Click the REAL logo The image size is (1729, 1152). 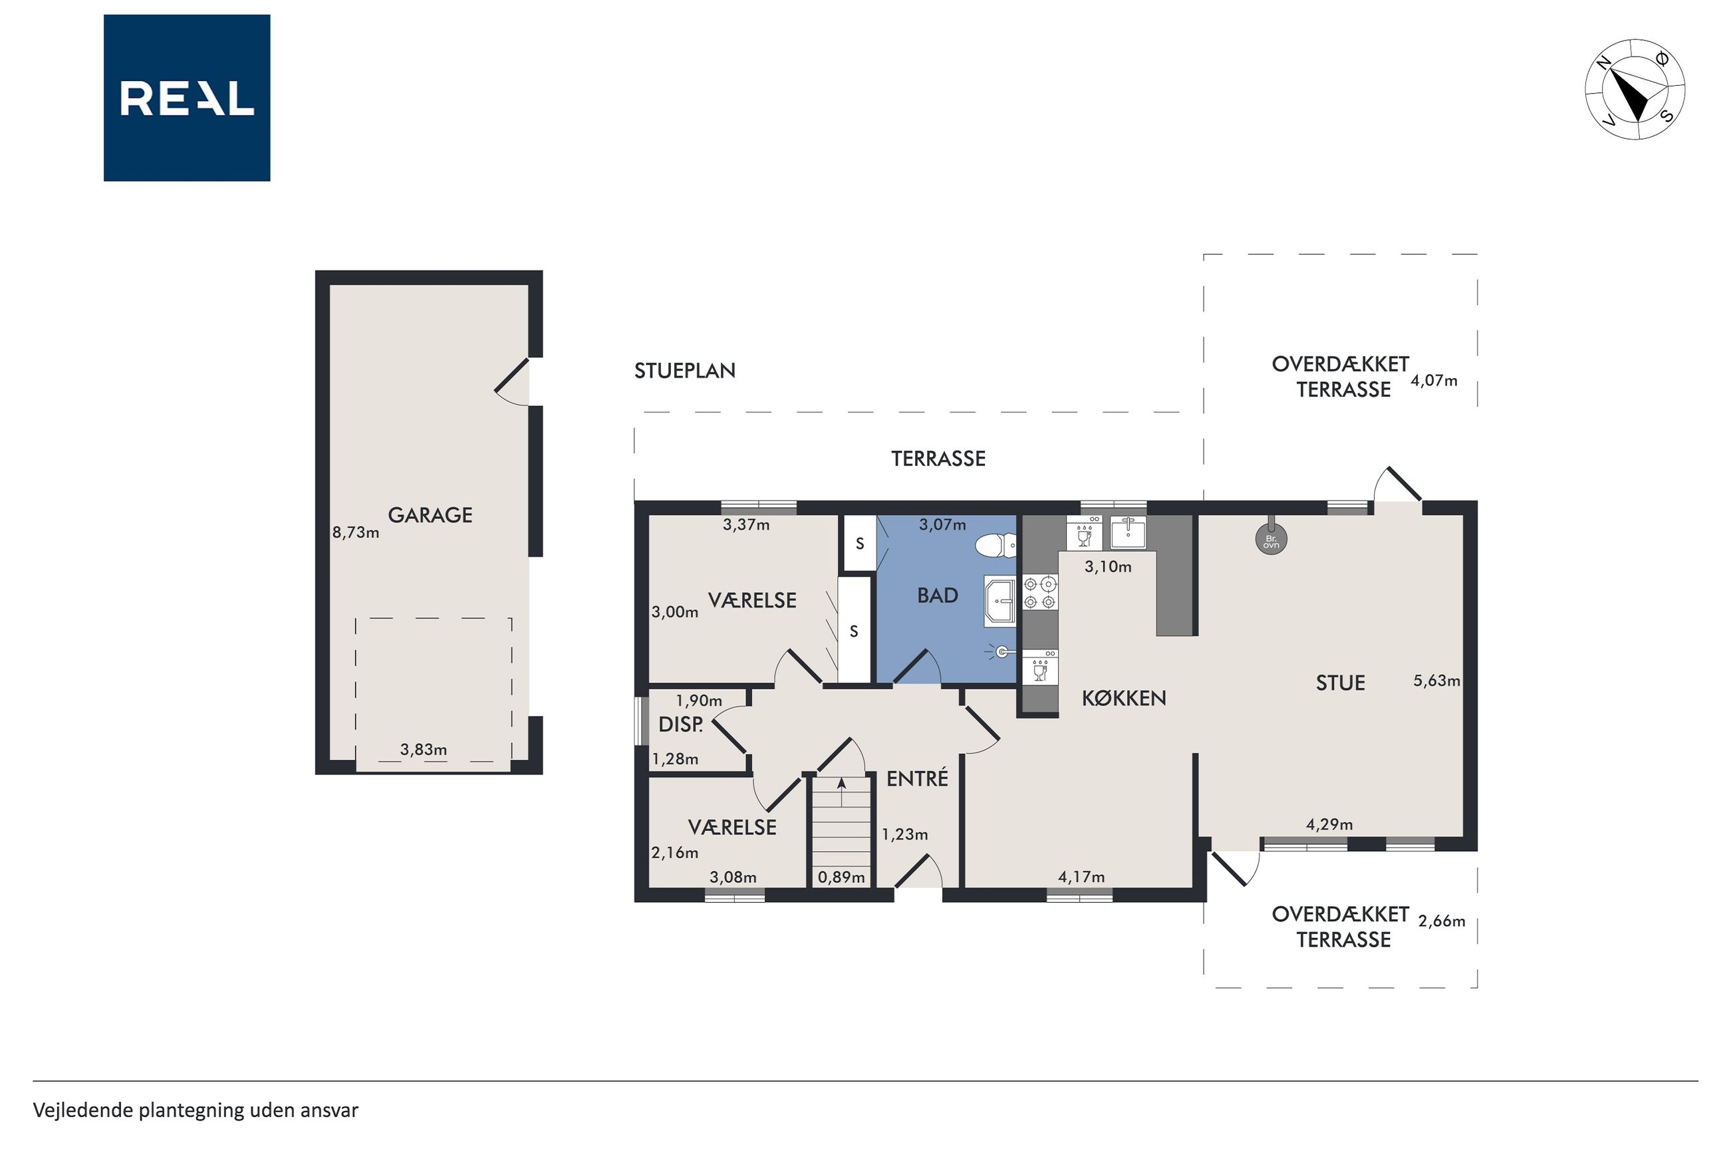click(x=187, y=98)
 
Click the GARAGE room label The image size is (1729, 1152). click(x=430, y=515)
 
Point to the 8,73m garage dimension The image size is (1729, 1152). click(x=356, y=532)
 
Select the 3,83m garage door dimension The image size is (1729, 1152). click(x=423, y=749)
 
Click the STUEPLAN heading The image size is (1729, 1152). click(x=685, y=370)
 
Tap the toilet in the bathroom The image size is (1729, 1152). click(x=996, y=546)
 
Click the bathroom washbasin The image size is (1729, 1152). click(x=999, y=600)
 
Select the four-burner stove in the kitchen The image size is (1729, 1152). click(x=1041, y=593)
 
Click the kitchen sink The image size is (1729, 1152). click(x=1128, y=532)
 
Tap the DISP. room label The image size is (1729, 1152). click(x=680, y=725)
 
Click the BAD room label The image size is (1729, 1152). click(x=938, y=595)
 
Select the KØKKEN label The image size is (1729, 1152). click(x=1124, y=698)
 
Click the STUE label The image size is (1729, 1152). click(x=1340, y=683)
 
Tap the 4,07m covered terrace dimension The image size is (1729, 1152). click(x=1434, y=381)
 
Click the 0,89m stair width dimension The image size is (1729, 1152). click(x=841, y=877)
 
